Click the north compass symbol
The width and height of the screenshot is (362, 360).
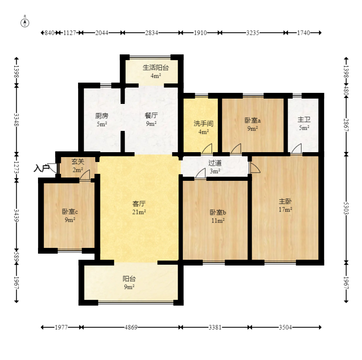(25, 22)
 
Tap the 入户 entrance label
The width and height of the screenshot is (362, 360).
(42, 168)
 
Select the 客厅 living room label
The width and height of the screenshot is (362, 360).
(139, 203)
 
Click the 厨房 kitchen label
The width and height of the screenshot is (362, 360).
(102, 116)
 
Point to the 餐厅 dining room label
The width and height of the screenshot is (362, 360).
(152, 115)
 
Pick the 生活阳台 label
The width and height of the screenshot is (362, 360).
(156, 67)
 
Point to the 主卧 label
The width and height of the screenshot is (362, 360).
(285, 201)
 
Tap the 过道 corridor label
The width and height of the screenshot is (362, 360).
(215, 163)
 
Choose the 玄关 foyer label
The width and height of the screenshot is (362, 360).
(78, 162)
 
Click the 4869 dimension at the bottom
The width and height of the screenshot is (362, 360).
(131, 327)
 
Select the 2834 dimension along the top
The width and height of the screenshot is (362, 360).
(152, 33)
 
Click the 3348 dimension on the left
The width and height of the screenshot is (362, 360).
(16, 120)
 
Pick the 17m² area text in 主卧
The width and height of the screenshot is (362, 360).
(285, 209)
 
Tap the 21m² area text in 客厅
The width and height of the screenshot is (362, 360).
(139, 212)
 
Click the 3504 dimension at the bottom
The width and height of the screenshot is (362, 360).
(285, 327)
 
